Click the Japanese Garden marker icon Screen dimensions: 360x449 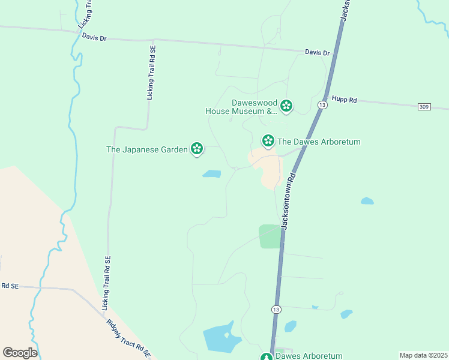point(196,148)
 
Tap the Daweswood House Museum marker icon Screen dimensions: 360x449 point(286,106)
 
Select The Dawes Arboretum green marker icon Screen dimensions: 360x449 point(268,140)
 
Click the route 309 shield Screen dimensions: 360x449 point(424,106)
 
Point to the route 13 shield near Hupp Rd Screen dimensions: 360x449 point(322,105)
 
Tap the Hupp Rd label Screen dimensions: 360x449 point(345,100)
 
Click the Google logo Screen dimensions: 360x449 point(19,352)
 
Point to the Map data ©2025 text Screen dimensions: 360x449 point(423,355)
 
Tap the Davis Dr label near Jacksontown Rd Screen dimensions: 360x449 point(317,53)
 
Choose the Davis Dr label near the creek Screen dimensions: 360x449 point(94,38)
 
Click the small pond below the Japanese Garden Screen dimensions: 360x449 point(211,174)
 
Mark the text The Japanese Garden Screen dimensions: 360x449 point(147,149)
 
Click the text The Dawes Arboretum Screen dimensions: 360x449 point(319,142)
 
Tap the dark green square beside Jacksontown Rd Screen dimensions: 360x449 point(270,236)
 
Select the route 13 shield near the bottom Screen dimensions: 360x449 point(276,309)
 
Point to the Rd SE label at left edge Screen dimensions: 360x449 point(10,286)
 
